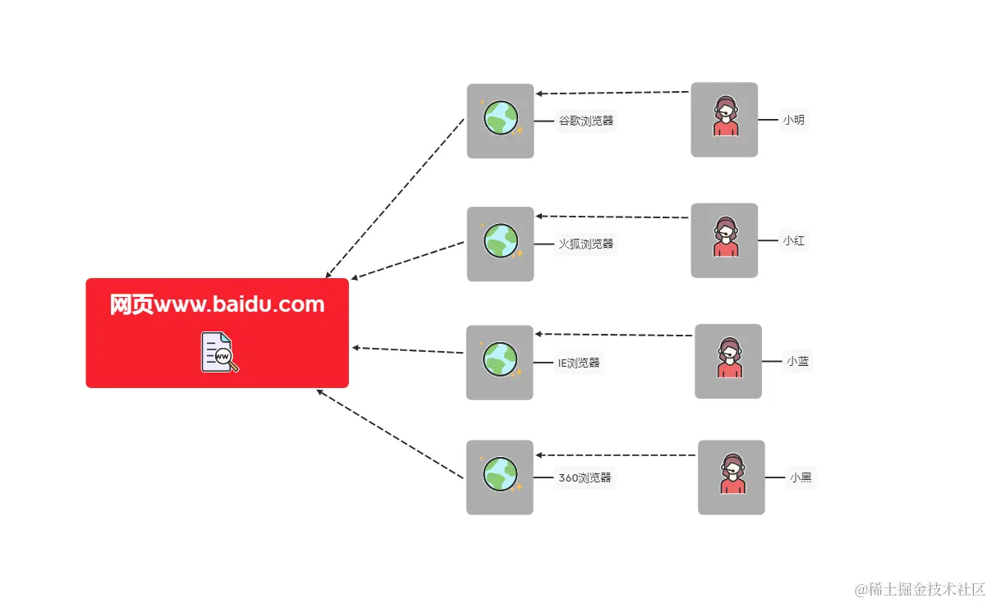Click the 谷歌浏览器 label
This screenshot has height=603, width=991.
pos(586,121)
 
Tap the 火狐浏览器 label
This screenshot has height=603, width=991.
pos(586,244)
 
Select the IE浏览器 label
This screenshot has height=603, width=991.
pos(580,363)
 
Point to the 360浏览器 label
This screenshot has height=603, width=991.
pos(585,477)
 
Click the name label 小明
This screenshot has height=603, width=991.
pos(793,120)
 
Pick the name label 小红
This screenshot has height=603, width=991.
pos(793,241)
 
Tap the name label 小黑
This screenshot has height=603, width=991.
pos(801,477)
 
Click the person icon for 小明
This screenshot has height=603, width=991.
pos(724,119)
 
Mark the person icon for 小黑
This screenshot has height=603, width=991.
pos(732,477)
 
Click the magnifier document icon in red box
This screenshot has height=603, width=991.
pos(218,353)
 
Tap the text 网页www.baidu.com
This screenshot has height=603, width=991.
pos(218,305)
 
